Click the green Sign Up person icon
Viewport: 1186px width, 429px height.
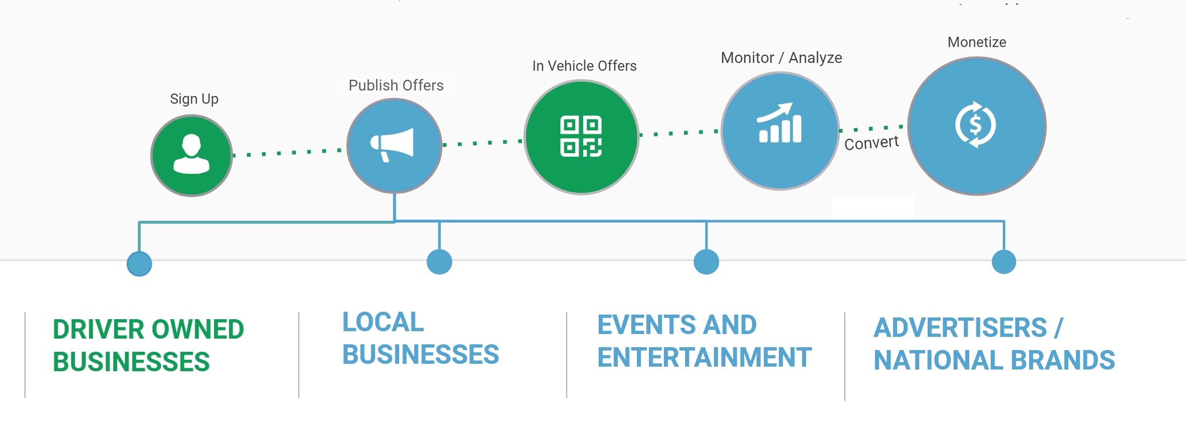pos(191,154)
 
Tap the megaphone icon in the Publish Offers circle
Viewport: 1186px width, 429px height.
pos(392,145)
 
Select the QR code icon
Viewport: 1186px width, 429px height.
pos(581,136)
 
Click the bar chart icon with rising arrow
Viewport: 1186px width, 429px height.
pos(780,122)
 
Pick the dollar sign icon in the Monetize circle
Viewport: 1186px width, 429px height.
pos(976,125)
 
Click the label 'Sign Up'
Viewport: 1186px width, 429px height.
pos(194,99)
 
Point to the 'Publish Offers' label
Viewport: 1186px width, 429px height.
pos(396,85)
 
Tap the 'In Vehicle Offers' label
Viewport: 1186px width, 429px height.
pos(584,66)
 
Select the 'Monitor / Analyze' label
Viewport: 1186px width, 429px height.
pos(781,58)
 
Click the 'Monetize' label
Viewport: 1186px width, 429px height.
pos(977,42)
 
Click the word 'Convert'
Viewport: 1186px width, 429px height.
pos(871,143)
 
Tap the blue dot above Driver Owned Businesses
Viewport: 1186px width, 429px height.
pos(139,264)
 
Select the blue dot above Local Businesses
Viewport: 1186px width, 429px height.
pos(439,262)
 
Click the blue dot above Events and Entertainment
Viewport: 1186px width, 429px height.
pos(706,262)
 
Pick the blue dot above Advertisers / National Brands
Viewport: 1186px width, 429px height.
pos(1004,262)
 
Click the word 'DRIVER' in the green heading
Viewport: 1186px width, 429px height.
pos(98,329)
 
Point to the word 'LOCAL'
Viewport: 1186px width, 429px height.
pos(383,322)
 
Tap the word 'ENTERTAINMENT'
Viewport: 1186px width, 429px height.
pos(705,357)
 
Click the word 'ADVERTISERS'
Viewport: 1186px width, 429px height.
pos(960,328)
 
